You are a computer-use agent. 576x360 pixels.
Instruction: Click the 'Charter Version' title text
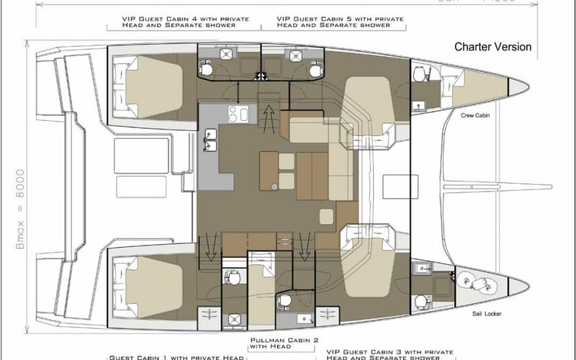pos(492,48)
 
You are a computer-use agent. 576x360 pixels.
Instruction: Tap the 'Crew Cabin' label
pos(476,114)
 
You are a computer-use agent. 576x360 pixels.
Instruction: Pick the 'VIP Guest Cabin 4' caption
pos(177,20)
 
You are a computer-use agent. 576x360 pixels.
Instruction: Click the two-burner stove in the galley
pos(238,114)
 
